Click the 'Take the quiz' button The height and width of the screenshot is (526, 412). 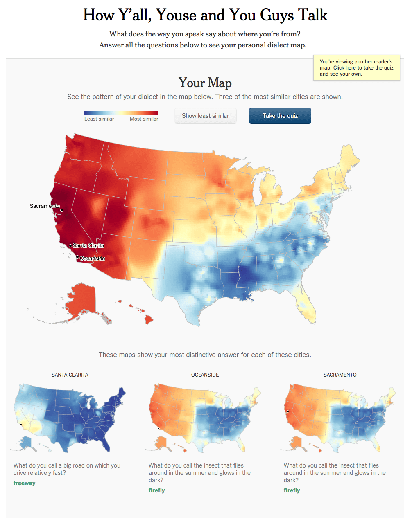point(280,116)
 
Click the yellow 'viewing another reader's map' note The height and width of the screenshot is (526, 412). point(356,68)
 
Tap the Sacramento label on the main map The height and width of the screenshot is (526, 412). point(44,206)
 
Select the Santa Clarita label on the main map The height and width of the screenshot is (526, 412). point(88,245)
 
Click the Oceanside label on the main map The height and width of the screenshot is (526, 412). point(93,258)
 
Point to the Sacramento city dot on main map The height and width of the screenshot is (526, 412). point(62,210)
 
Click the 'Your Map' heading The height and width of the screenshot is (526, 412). point(205,83)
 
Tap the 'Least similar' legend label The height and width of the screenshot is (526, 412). point(99,119)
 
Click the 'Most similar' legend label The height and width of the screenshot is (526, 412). point(144,119)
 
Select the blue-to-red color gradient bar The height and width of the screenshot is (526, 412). point(121,113)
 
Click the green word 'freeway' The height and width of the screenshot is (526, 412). point(25,483)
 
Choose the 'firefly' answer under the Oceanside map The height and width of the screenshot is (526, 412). point(157,490)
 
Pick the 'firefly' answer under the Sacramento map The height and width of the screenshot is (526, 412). point(292,490)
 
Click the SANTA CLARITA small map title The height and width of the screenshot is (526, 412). point(70,375)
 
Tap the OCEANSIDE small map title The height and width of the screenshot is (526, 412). point(205,375)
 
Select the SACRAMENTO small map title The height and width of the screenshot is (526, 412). point(340,375)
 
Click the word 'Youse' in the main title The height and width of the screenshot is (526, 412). point(177,16)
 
